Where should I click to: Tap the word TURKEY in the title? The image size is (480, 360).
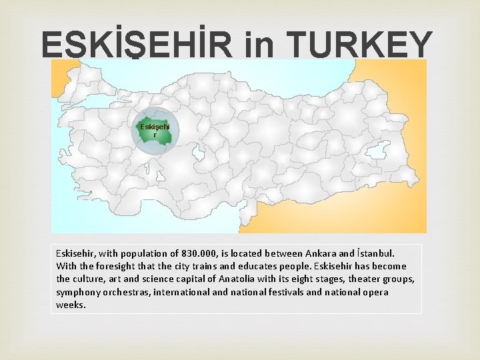coord(362,45)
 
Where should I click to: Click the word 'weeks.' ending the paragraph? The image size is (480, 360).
coord(71,305)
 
